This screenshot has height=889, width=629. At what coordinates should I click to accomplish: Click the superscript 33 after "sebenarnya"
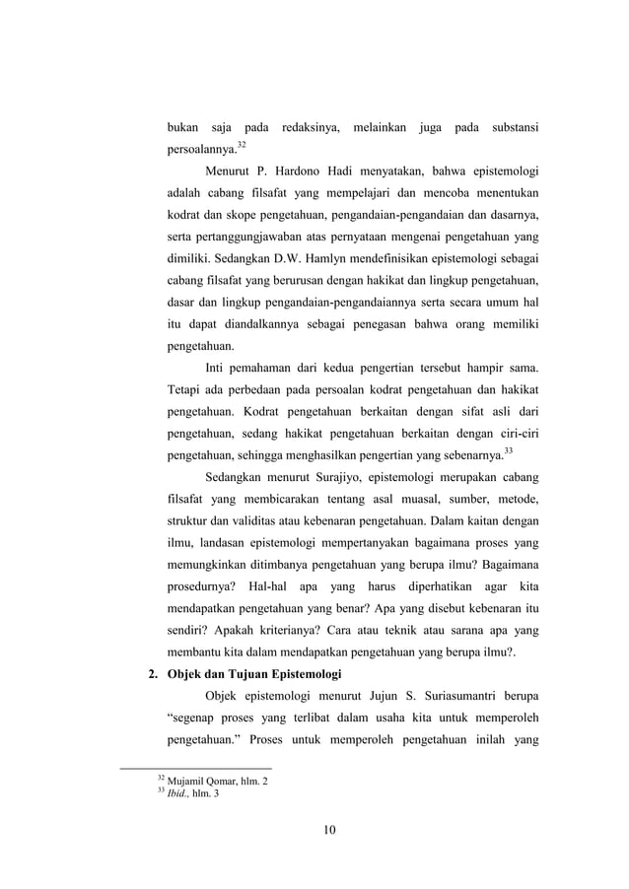tap(508, 451)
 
